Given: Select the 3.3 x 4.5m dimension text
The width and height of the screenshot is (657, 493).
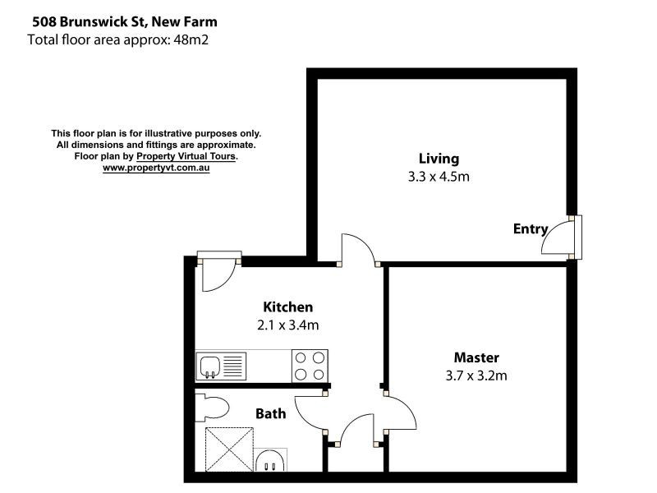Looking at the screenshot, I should pos(438,176).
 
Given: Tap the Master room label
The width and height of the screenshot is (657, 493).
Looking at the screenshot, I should pos(476,357).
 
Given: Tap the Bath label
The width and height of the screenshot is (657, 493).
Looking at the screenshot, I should pos(270,413).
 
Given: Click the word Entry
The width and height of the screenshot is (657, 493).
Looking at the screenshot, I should pos(530,228).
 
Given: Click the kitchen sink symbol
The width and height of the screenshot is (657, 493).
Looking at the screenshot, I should pos(221,365).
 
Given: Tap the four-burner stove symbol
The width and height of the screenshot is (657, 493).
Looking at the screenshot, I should pos(310,366).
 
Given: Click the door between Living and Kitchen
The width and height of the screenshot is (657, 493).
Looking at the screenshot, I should pos(359,249).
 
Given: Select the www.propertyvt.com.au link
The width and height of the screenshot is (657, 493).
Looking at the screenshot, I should pos(156,168).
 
